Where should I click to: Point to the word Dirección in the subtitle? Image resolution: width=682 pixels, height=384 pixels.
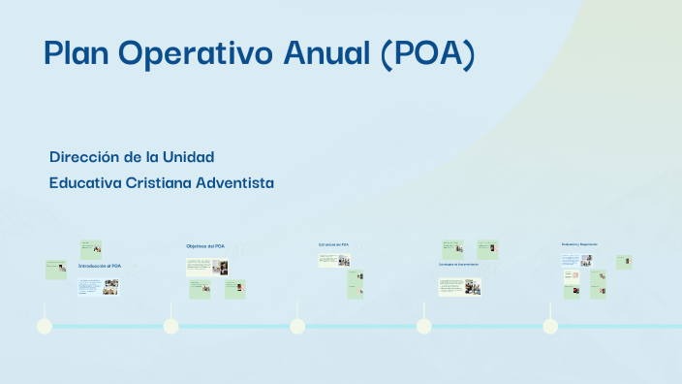(84, 156)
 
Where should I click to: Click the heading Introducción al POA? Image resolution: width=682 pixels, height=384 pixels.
(100, 266)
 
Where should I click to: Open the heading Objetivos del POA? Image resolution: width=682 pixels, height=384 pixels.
(205, 246)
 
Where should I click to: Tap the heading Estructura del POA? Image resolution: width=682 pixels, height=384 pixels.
(333, 244)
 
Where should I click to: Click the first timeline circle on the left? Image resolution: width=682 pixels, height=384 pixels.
(44, 326)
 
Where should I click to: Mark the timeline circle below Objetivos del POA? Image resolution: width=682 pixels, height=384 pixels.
(170, 326)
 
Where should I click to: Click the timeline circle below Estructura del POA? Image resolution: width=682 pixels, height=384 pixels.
(297, 326)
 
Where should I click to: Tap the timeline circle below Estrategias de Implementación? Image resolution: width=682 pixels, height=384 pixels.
(423, 326)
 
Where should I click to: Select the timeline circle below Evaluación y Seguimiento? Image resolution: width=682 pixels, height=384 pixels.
(550, 326)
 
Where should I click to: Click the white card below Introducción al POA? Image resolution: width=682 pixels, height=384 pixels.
(97, 286)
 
